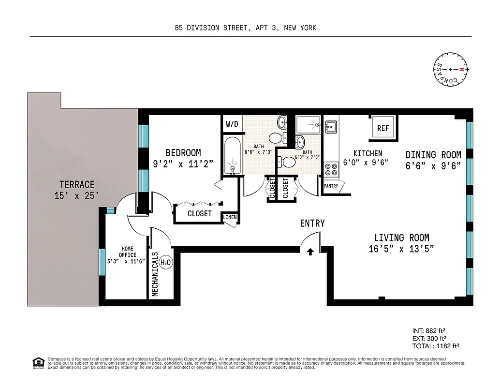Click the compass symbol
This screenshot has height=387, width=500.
pos(450,69)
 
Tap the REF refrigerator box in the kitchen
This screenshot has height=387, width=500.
pos(383,128)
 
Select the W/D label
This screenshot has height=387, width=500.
pos(232,124)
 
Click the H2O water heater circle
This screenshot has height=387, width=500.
pos(165,262)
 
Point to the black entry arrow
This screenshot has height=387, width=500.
pos(310,251)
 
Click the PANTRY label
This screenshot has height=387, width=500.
pos(331,186)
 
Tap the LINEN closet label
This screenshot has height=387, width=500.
pos(230,217)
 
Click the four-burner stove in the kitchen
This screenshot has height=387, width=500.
pos(331,169)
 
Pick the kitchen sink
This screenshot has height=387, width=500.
pos(331,127)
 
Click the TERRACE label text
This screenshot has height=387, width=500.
pos(77,184)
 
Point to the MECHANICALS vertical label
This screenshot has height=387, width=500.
pos(155,274)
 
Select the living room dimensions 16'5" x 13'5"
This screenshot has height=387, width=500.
pos(401,249)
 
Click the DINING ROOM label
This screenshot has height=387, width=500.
pos(433,155)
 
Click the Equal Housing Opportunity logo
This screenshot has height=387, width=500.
pos(37,362)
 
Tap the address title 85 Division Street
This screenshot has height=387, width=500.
pos(245,28)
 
